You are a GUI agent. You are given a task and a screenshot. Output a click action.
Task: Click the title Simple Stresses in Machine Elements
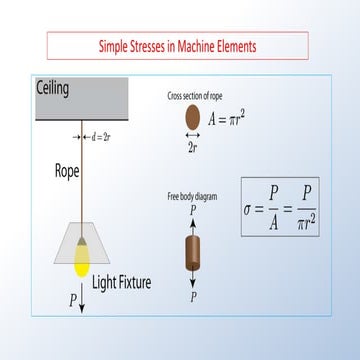click(x=178, y=46)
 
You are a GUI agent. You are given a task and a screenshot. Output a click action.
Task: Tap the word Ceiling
click(x=53, y=89)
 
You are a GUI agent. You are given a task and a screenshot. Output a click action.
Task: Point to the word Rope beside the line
click(x=67, y=170)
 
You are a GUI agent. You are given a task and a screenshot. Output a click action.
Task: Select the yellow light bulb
click(x=82, y=259)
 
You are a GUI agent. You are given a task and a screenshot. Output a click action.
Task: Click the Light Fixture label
click(x=123, y=283)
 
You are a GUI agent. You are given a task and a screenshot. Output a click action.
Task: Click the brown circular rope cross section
click(x=192, y=116)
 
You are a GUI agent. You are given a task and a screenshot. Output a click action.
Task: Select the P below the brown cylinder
click(x=193, y=297)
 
